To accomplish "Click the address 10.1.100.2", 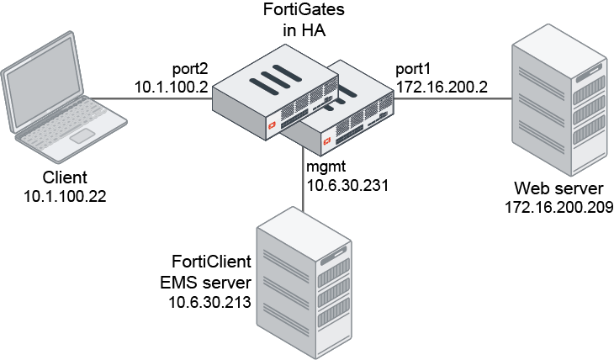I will tap(172, 85).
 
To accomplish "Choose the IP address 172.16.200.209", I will tap(558, 205).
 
